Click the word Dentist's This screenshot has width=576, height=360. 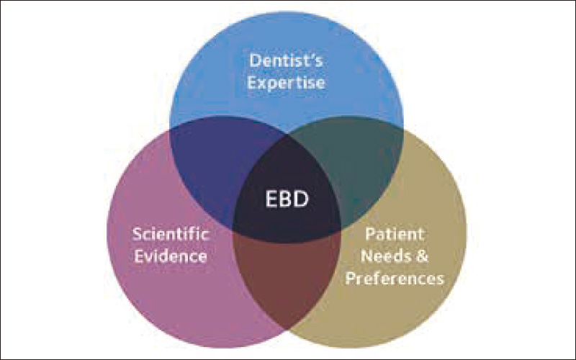point(286,60)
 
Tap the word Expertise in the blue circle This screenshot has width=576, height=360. point(286,83)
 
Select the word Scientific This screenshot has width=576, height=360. point(171,233)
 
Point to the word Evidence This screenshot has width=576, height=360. point(171,256)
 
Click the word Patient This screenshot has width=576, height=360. point(395,233)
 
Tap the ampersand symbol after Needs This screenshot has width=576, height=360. point(422,256)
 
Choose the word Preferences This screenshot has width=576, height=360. point(395,279)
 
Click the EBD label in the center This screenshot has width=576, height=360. point(287,199)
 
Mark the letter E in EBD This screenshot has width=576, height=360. point(271,199)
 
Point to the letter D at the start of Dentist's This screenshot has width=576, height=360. point(255,60)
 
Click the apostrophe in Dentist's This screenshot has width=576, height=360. point(311,56)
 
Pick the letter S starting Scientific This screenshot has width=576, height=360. point(137,234)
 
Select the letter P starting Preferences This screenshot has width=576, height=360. point(351,279)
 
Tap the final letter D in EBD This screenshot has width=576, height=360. point(302,199)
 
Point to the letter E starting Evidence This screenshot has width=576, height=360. point(139,256)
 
